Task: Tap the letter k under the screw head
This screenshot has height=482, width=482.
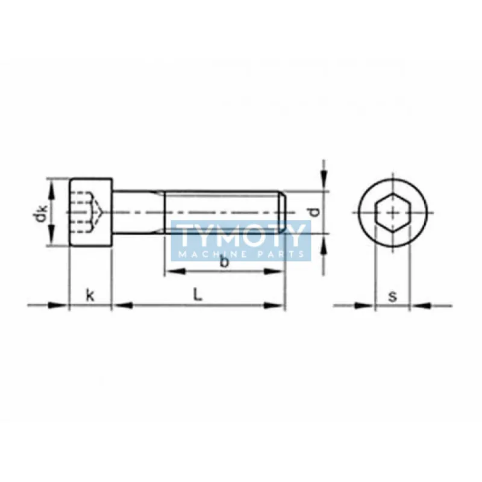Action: pos(90,295)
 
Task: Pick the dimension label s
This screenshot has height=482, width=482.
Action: pos(393,296)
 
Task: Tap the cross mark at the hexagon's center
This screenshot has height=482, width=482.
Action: pos(392,213)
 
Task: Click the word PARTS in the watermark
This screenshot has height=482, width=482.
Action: pos(283,254)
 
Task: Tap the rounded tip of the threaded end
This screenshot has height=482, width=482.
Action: pos(282,212)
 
